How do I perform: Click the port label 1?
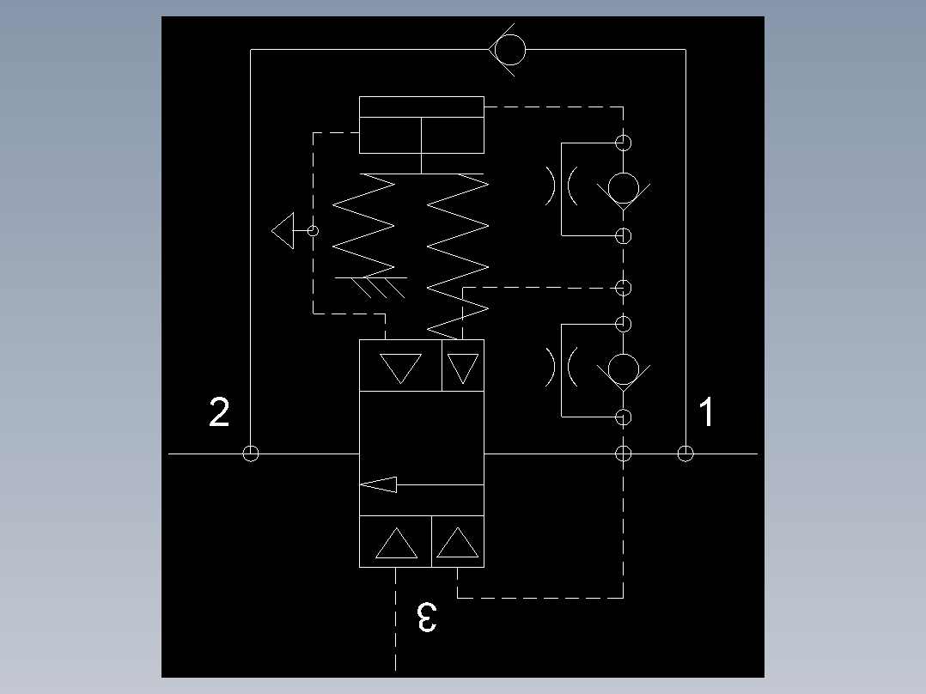[706, 413]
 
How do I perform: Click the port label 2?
[220, 413]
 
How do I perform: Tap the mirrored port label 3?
[426, 617]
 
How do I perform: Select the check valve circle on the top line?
[509, 50]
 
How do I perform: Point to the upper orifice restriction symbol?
[560, 186]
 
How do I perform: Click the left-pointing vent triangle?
[283, 231]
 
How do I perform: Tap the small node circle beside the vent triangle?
[313, 231]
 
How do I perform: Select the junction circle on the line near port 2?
[250, 454]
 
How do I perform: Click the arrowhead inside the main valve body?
[379, 484]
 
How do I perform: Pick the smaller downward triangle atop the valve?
[463, 368]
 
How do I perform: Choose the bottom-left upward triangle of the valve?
[396, 543]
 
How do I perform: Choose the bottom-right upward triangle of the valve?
[457, 543]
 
